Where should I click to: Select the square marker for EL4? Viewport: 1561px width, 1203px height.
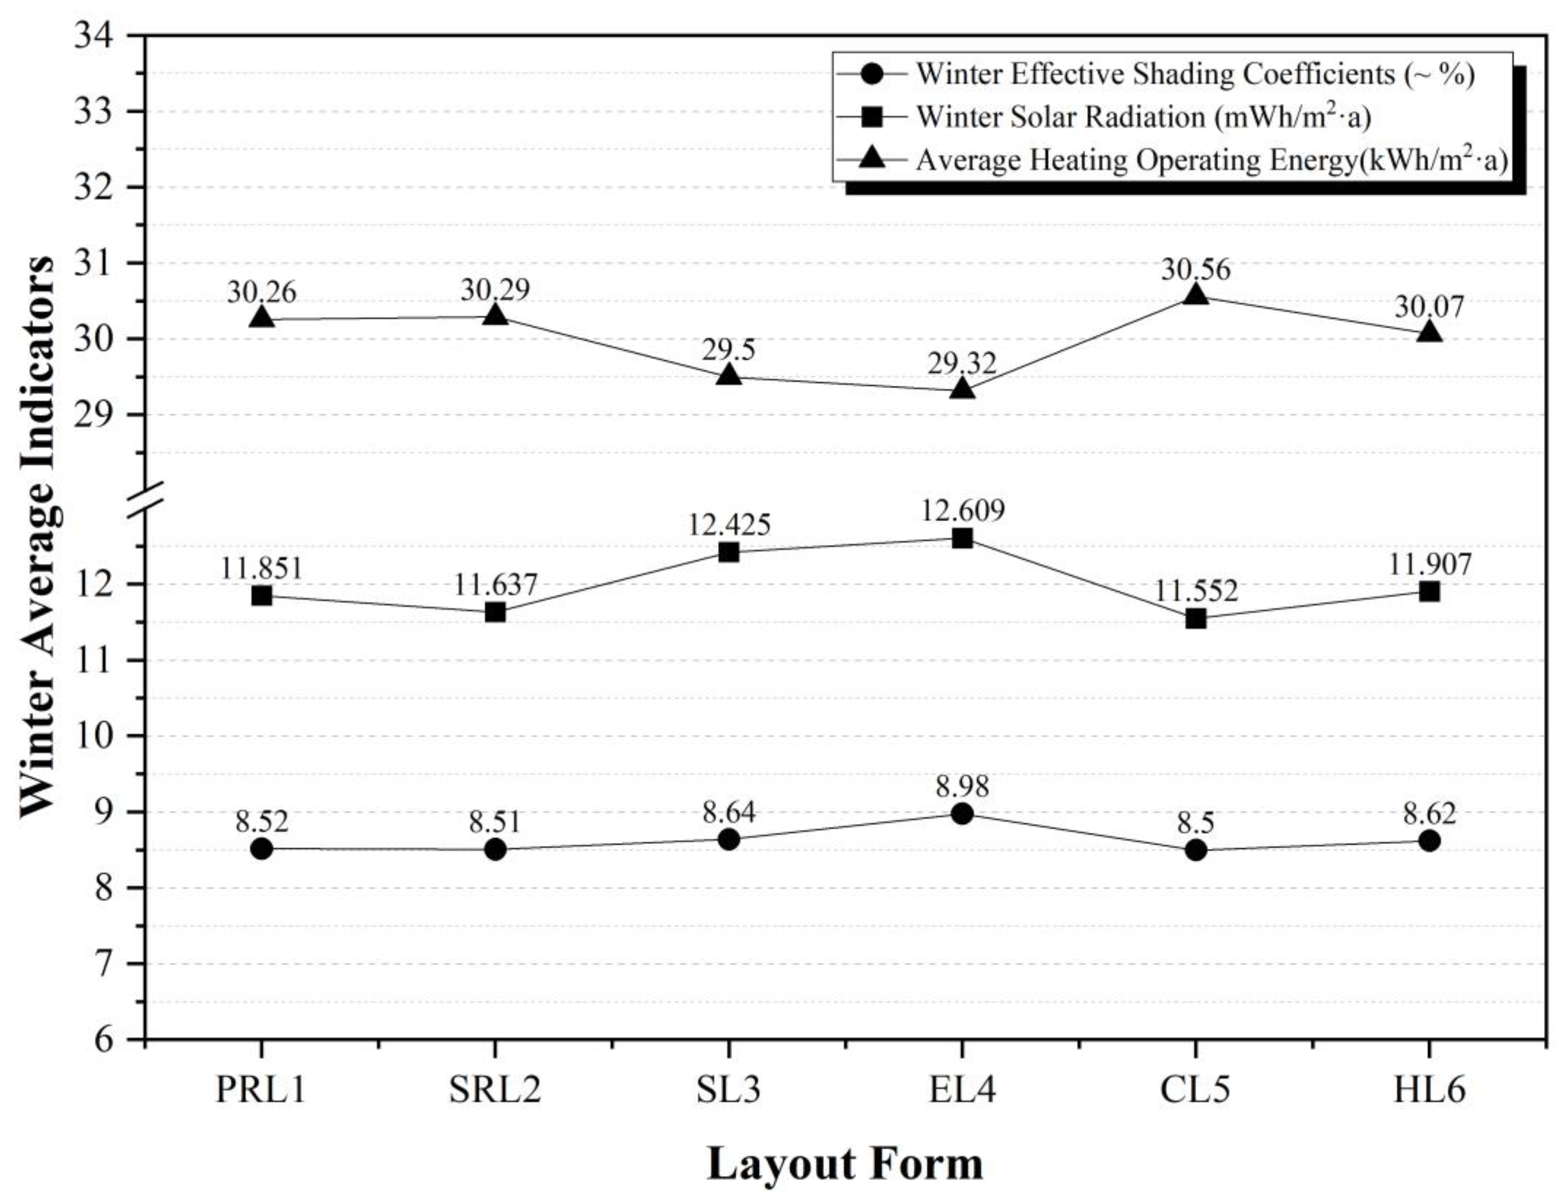tap(962, 538)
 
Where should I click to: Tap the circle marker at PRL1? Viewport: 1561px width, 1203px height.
tap(262, 849)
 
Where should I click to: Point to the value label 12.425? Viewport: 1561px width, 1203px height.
tap(729, 525)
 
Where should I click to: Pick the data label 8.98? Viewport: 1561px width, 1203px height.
tap(962, 787)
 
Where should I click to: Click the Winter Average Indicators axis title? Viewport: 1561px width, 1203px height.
tap(37, 537)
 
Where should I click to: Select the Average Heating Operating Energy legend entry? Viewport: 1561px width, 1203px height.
tap(1211, 160)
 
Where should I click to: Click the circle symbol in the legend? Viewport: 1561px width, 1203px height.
tap(872, 73)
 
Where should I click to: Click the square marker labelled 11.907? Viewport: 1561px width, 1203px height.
tap(1429, 592)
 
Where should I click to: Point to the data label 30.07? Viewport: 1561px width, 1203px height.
tap(1429, 307)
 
